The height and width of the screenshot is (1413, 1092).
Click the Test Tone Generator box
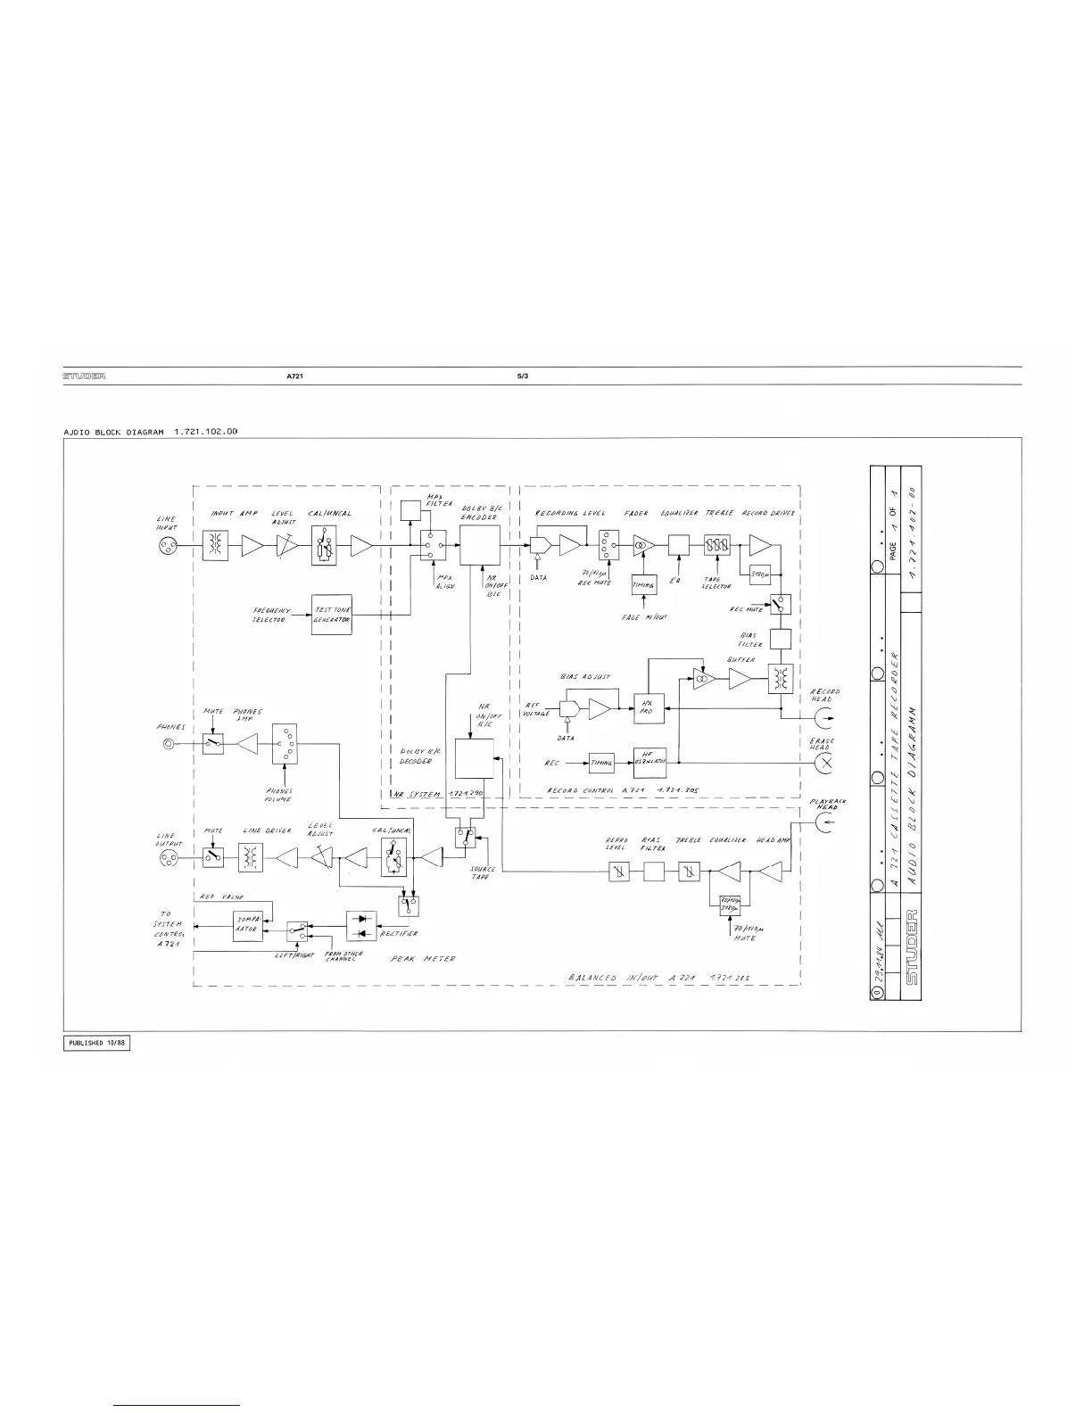click(332, 615)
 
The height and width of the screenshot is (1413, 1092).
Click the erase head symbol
click(825, 762)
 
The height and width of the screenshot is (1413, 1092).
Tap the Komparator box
click(246, 925)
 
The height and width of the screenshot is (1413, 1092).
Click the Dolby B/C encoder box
click(479, 544)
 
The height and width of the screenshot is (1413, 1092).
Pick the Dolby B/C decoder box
click(474, 759)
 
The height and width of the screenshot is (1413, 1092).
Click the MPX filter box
click(411, 511)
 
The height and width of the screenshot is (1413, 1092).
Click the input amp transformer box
click(214, 547)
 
